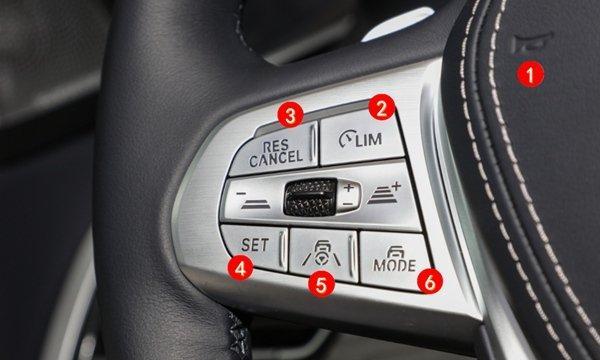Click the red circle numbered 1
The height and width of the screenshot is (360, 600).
click(530, 74)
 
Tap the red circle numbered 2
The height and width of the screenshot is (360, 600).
click(382, 108)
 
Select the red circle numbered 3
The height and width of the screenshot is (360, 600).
click(290, 115)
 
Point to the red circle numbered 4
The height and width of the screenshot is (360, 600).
click(240, 268)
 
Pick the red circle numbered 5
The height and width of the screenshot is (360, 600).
click(321, 284)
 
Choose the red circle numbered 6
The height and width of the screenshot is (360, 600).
click(430, 282)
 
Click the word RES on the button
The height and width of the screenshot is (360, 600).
click(276, 146)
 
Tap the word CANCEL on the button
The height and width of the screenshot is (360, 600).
click(276, 159)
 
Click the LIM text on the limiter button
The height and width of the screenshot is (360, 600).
click(368, 140)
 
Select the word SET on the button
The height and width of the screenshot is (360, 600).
click(255, 244)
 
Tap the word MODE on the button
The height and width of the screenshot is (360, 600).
click(395, 265)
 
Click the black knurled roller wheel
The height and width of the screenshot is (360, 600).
click(310, 197)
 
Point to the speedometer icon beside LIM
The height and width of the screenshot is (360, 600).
click(346, 138)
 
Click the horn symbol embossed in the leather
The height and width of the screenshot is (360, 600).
click(532, 42)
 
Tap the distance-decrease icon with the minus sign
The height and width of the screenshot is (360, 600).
click(253, 200)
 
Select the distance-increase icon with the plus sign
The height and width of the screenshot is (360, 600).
click(384, 193)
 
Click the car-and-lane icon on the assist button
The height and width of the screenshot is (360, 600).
click(321, 253)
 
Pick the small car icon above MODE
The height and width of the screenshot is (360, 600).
click(395, 252)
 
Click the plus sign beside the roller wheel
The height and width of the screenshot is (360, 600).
click(348, 187)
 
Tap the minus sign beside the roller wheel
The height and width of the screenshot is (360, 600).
click(347, 204)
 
